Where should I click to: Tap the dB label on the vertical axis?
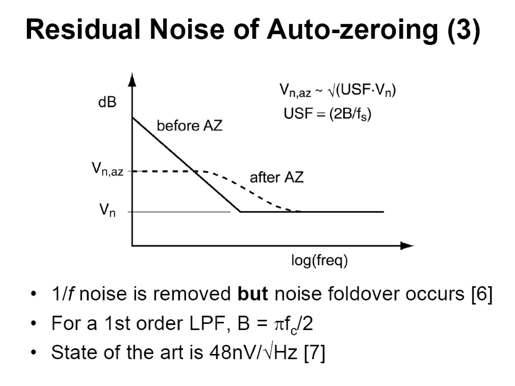107,102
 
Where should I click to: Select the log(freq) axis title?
319,260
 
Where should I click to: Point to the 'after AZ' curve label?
277,177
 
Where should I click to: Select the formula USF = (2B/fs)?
327,114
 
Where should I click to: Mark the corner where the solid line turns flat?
240,212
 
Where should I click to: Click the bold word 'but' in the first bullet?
252,293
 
